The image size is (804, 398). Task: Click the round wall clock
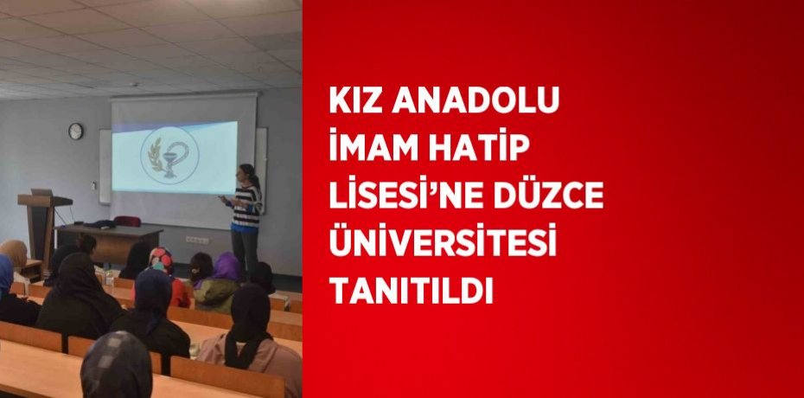76,131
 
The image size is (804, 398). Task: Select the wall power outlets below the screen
198,240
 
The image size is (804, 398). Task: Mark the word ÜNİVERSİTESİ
441,246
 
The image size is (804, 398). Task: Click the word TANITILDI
411,293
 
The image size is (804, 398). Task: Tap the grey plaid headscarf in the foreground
116,365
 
